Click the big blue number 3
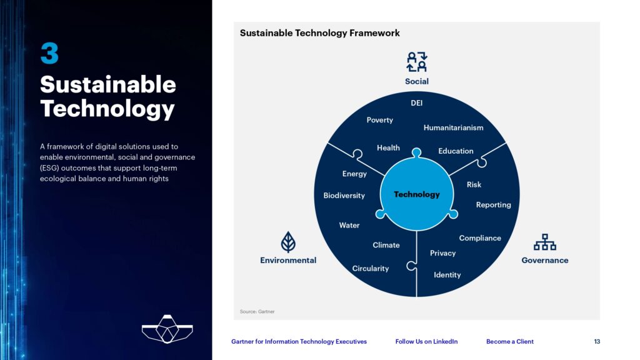[49, 54]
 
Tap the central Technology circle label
[417, 194]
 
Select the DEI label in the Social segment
[416, 103]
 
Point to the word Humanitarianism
[453, 127]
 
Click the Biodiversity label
[344, 196]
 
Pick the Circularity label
[370, 269]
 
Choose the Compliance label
[480, 238]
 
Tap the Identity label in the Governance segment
[447, 275]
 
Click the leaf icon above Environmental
[288, 242]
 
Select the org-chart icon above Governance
[545, 242]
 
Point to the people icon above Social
[417, 62]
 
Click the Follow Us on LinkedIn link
[426, 342]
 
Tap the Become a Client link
[510, 342]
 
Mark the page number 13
[597, 342]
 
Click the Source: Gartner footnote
[257, 311]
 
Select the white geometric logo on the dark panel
[167, 329]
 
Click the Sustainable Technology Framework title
[319, 33]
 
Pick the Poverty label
[379, 120]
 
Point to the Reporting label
[494, 205]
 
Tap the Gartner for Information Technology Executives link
[299, 342]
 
